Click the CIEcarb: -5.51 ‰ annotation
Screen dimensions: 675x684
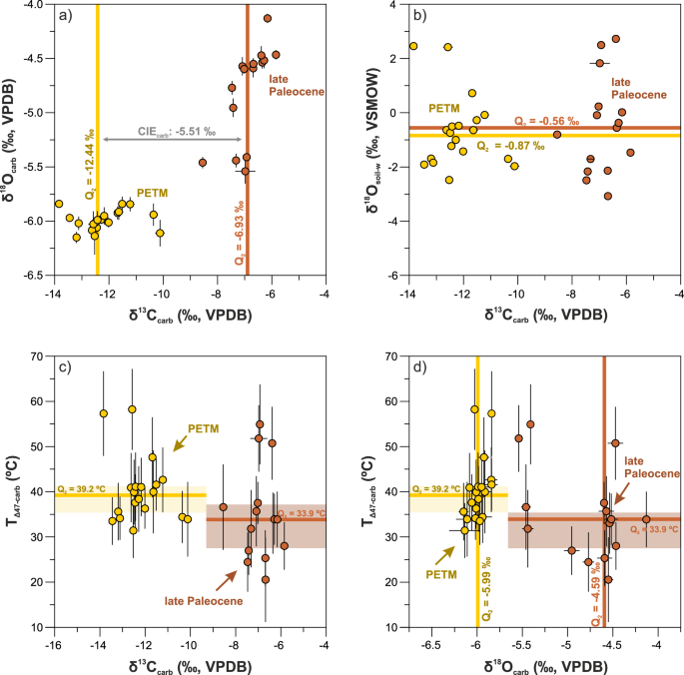click(173, 131)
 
